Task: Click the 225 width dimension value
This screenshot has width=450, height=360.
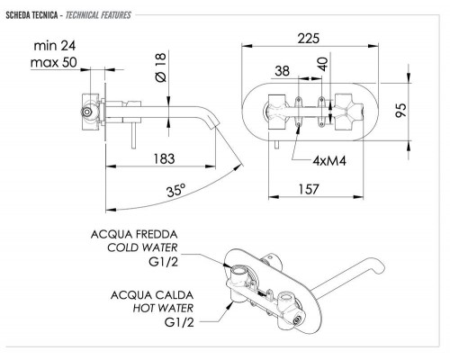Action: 309,39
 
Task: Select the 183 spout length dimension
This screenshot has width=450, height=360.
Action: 164,158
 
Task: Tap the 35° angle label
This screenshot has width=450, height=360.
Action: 176,190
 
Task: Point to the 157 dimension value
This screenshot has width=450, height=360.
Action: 309,189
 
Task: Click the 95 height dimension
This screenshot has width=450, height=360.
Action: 400,110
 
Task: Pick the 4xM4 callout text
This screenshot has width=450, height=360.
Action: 329,161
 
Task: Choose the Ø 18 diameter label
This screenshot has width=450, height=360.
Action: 161,67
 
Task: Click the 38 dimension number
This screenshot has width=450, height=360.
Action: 283,71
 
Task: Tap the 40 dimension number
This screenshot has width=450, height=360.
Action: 323,64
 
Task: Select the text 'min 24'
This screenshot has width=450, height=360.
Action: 55,46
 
